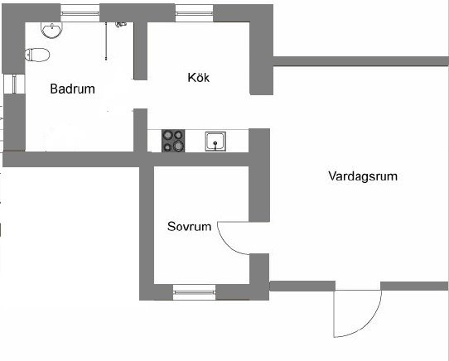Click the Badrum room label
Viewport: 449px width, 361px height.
click(72, 89)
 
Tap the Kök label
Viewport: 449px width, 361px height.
click(199, 78)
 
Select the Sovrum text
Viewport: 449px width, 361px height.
click(189, 226)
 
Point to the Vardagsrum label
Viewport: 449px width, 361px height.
click(363, 176)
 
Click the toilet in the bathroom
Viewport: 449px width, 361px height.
click(37, 55)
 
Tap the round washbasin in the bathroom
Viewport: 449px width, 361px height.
click(52, 30)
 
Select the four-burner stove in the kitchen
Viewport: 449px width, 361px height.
click(173, 141)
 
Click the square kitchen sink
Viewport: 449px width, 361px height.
click(215, 141)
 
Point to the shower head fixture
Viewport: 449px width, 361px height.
click(121, 25)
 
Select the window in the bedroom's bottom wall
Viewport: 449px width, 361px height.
click(194, 292)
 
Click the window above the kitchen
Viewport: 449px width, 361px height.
click(194, 13)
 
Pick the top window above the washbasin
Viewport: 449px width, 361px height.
click(80, 13)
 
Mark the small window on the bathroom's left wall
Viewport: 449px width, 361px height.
click(14, 84)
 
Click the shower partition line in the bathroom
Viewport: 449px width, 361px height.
click(106, 41)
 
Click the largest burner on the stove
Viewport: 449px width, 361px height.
click(178, 146)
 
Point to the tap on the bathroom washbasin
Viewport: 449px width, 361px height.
click(52, 26)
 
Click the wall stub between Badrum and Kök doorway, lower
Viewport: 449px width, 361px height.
click(140, 130)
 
